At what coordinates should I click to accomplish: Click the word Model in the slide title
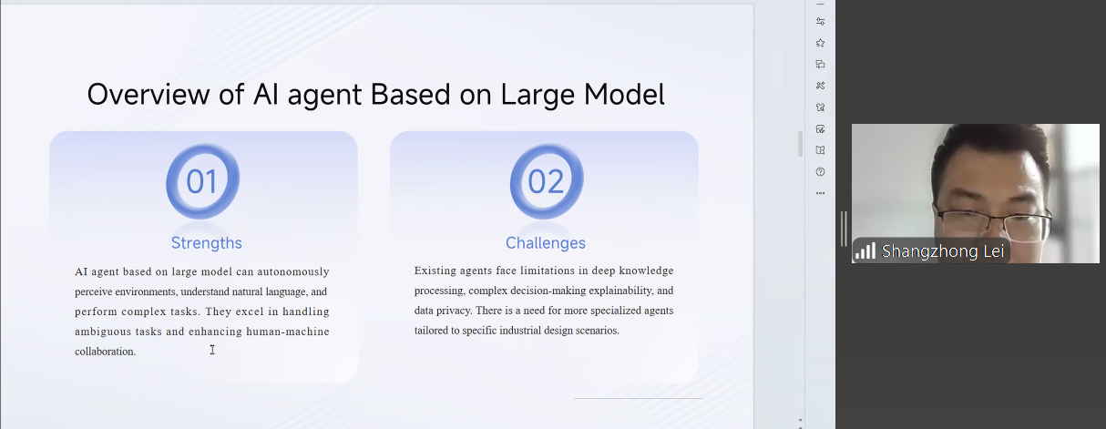(x=624, y=94)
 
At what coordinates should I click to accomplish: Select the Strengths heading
(x=207, y=243)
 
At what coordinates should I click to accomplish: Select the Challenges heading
(x=546, y=243)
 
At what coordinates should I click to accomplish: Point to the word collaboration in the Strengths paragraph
(x=105, y=352)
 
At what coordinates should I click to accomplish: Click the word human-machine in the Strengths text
(x=288, y=332)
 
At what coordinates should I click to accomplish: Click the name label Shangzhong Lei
(x=943, y=251)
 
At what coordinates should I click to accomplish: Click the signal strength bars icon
(x=865, y=250)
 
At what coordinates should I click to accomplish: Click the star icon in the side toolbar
(x=820, y=43)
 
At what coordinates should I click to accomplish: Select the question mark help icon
(x=820, y=172)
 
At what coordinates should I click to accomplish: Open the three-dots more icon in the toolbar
(x=820, y=193)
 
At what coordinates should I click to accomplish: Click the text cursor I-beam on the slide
(x=212, y=350)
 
